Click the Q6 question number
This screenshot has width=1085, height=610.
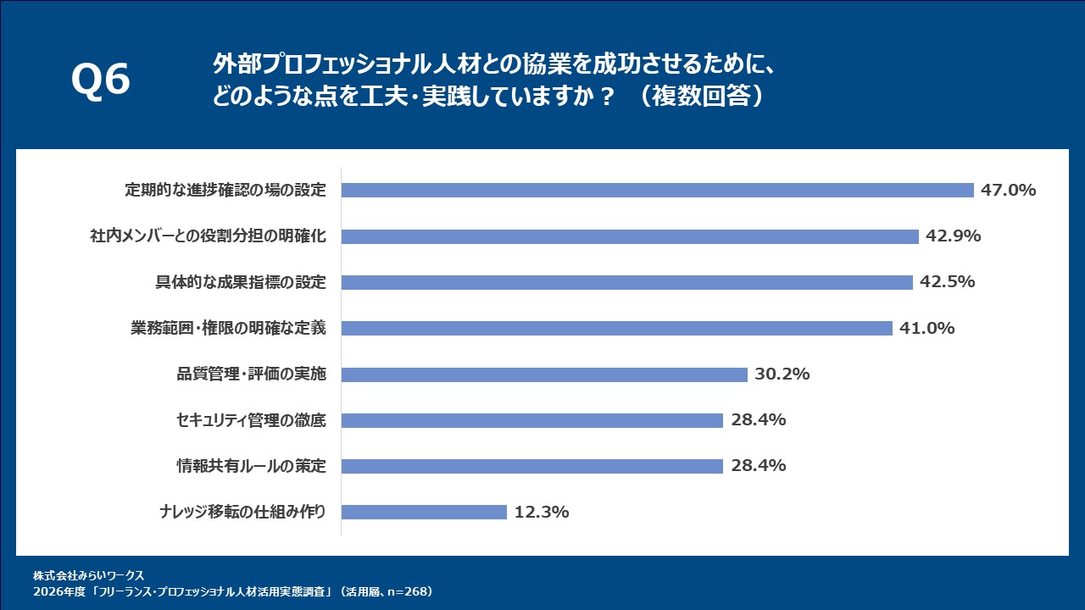coord(100,81)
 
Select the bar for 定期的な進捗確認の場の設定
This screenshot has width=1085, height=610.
coord(657,191)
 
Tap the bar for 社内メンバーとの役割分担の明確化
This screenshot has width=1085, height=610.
coord(630,236)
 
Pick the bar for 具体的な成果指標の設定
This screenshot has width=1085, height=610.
coord(626,282)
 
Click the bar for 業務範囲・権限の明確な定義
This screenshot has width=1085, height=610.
coord(616,328)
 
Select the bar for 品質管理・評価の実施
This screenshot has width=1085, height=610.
coord(544,374)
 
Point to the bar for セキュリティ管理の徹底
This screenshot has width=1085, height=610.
coord(531,420)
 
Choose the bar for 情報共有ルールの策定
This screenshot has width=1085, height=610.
coord(531,466)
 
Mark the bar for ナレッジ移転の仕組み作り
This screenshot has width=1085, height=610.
coord(424,512)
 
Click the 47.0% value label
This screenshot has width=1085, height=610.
coord(1008,191)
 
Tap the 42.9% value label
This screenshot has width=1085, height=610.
coord(953,236)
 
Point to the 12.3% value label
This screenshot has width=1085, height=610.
coord(541,512)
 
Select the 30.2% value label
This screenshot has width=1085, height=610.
coord(782,374)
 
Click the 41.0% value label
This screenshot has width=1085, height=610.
coord(926,328)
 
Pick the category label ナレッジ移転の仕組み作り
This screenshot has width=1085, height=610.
coord(242,512)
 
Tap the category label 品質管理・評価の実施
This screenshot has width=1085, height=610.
coord(251,374)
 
